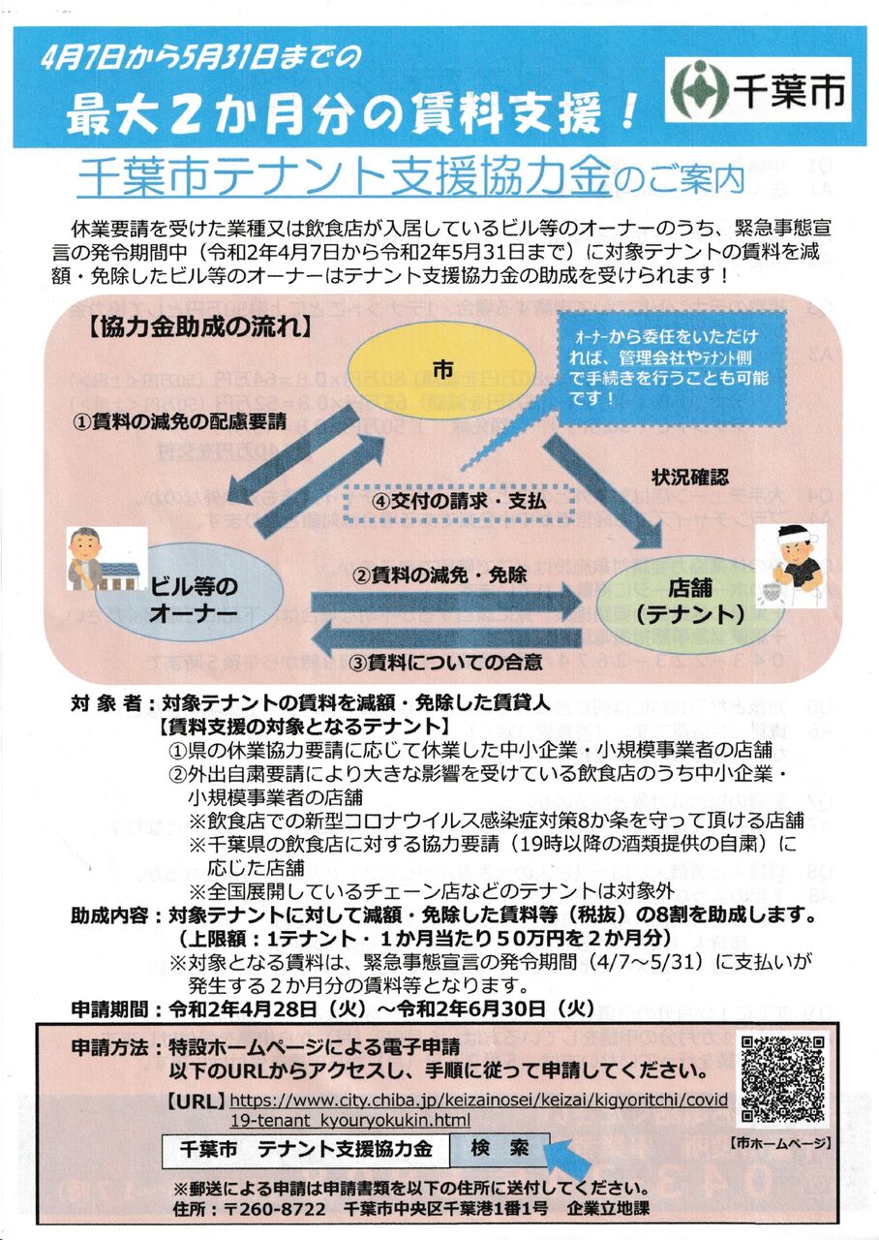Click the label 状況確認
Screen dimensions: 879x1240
[x=690, y=477]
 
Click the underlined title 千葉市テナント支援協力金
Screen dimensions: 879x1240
[x=346, y=178]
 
